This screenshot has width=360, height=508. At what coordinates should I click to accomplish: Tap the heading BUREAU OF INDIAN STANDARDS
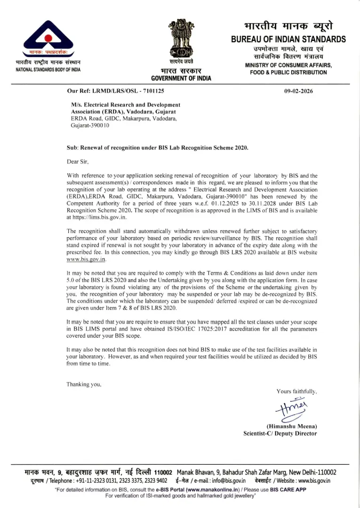[288, 40]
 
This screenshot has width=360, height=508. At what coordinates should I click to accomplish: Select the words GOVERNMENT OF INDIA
[181, 78]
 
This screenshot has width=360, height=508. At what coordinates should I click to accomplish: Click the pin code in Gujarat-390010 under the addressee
[99, 126]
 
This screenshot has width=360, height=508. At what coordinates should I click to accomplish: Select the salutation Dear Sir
[77, 161]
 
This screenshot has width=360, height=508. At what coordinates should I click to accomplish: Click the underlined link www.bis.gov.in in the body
[87, 259]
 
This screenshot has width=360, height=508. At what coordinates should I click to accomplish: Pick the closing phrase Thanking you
[84, 384]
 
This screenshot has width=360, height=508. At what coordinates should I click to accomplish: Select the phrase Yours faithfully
[296, 391]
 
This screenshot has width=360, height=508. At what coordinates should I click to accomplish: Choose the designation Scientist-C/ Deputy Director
[280, 434]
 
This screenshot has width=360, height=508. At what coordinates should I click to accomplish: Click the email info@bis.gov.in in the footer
[228, 481]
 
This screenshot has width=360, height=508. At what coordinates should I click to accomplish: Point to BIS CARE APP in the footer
[288, 489]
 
